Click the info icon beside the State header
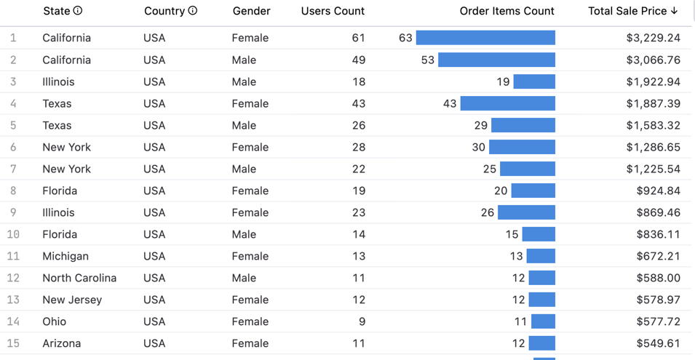tap(78, 11)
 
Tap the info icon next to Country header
tap(193, 11)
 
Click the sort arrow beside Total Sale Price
tap(675, 11)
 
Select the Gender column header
tap(251, 11)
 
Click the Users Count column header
tap(333, 11)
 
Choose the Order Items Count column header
tap(507, 11)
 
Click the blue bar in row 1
tap(485, 38)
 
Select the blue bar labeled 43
tap(507, 103)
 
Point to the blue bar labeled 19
tap(534, 81)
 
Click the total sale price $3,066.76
tap(653, 60)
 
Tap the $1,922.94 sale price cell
tap(653, 81)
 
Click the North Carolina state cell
tap(79, 278)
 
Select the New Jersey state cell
tap(72, 300)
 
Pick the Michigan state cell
tap(65, 256)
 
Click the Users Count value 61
tap(358, 38)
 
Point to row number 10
tap(13, 234)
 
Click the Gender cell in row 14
tap(250, 321)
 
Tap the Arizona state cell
tap(62, 343)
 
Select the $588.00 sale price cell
tap(658, 278)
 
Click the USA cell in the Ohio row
tap(154, 321)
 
